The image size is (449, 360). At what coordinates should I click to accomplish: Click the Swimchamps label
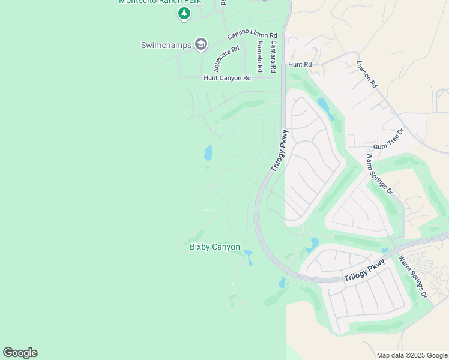click(166, 45)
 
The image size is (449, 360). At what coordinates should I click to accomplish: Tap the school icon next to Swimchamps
click(200, 44)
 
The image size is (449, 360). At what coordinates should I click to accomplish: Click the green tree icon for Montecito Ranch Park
click(184, 14)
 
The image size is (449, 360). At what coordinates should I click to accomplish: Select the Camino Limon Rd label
click(252, 37)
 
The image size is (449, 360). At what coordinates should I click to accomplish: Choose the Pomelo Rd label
click(259, 57)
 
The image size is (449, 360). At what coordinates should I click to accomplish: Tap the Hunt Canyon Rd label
click(227, 78)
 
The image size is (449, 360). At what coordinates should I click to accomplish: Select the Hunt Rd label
click(300, 64)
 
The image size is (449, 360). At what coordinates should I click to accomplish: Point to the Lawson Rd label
click(366, 75)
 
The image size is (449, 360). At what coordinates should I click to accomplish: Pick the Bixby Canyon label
click(214, 247)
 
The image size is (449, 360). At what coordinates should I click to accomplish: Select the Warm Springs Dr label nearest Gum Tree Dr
click(379, 174)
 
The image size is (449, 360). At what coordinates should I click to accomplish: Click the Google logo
click(20, 353)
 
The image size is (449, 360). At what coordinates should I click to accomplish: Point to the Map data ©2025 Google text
click(412, 355)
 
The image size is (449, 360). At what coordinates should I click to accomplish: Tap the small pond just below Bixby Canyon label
click(248, 259)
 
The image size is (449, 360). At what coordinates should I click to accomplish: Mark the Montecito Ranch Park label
click(160, 2)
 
